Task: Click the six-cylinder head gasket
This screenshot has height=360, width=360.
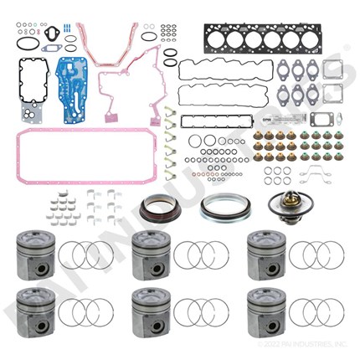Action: tap(251, 39)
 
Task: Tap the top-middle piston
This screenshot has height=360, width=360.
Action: tap(152, 252)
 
